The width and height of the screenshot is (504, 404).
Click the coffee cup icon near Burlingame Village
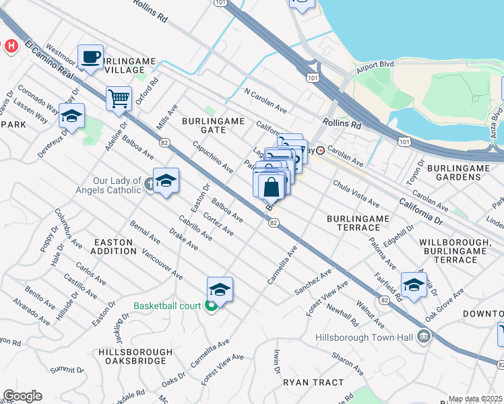[90, 57]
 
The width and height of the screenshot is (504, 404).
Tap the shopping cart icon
[119, 98]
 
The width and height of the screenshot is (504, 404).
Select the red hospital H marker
[10, 46]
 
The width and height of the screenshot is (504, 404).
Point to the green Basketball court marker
[211, 306]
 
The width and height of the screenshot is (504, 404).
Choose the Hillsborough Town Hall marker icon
[422, 335]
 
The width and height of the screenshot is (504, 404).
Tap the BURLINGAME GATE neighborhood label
[212, 125]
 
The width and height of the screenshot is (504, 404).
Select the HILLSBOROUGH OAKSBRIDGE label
[132, 356]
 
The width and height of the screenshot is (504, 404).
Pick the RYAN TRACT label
[313, 382]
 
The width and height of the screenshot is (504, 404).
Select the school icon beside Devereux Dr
[71, 116]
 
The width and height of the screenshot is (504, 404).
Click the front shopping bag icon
[271, 187]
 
